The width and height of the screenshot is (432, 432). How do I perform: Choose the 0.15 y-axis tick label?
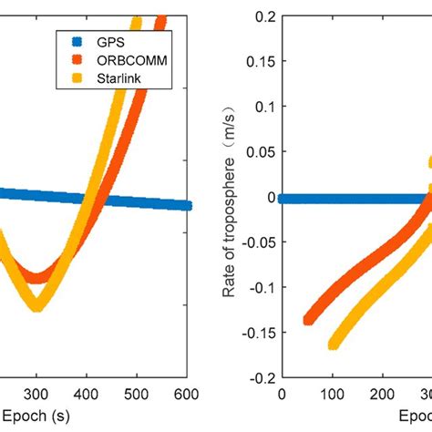coord(261,62)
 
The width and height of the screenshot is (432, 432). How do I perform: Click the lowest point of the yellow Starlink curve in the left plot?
coord(37,306)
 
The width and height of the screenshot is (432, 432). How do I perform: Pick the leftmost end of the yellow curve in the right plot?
coord(333,345)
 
